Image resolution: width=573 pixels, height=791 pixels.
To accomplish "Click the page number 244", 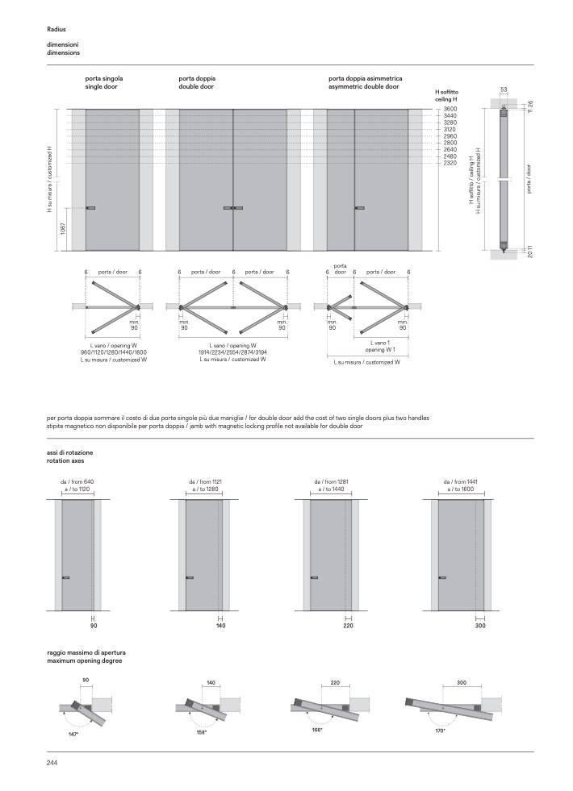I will pos(52,762).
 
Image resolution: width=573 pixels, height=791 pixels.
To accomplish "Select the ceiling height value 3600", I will pos(450,109).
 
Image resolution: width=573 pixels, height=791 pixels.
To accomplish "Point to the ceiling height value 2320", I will pos(450,164).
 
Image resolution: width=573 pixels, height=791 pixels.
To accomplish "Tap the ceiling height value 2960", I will pos(450,136).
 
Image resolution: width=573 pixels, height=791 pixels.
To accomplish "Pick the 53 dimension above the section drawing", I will pos(504,88).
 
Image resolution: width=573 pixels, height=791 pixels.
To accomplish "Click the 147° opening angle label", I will pos(73,735).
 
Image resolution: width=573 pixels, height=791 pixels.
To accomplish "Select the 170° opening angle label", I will pos(440,730).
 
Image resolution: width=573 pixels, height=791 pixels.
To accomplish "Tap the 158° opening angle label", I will pos(201,732).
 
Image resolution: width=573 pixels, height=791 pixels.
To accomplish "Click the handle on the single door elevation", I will pos(91,208).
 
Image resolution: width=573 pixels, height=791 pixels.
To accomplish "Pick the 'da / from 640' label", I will pos(77,481).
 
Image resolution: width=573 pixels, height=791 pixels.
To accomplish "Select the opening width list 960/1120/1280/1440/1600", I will pos(113,352).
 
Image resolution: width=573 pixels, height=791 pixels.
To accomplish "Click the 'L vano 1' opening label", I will pos(375,343).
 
